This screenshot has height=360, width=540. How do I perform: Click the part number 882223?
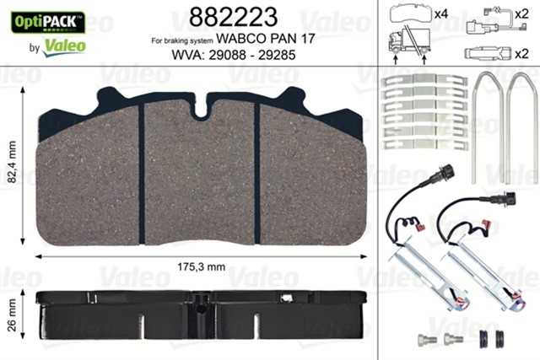click(224, 16)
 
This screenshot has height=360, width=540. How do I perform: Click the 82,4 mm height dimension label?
click(12, 166)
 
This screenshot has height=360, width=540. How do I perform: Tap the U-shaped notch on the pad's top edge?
click(200, 108)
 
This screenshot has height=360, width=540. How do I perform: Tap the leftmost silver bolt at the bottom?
click(424, 340)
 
